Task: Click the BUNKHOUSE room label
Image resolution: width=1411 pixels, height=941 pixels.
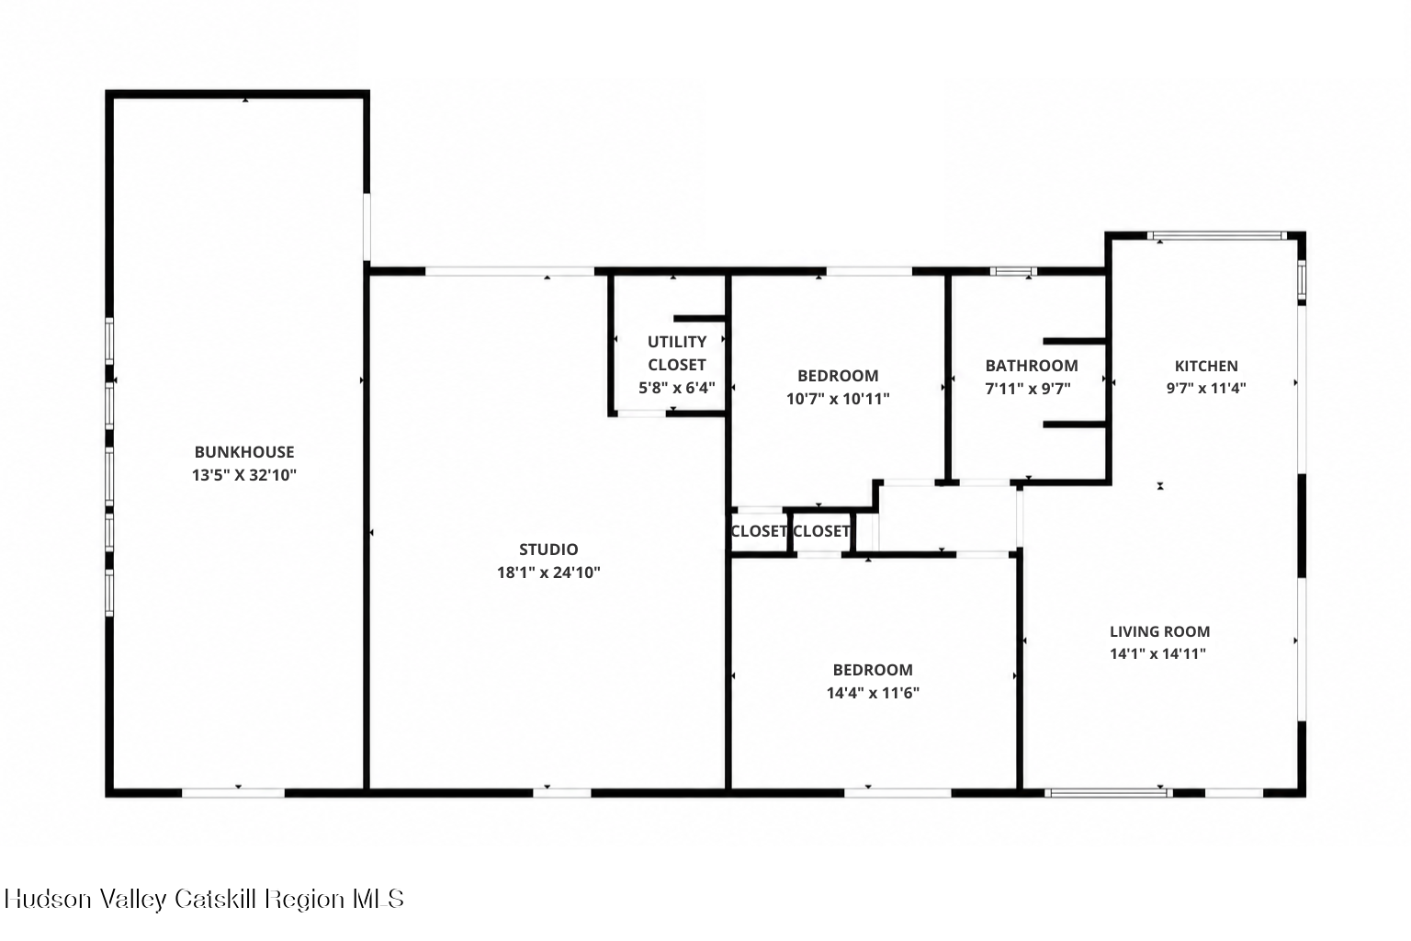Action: [x=243, y=452]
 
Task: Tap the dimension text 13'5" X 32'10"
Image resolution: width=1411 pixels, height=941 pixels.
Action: [x=243, y=474]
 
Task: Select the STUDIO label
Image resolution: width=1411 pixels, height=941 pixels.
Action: [x=548, y=550]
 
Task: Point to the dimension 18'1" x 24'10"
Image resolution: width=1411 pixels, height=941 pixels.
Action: [x=548, y=573]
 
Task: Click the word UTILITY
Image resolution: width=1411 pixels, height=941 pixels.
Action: [x=676, y=342]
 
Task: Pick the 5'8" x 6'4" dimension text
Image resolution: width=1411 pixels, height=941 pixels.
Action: [x=676, y=388]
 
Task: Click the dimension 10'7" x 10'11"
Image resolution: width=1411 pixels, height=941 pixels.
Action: [x=838, y=398]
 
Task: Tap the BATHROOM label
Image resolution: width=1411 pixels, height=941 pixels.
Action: [x=1032, y=366]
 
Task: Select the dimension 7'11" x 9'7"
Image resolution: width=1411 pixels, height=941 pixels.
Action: [x=1027, y=388]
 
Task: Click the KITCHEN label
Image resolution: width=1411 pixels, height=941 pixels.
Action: [x=1205, y=366]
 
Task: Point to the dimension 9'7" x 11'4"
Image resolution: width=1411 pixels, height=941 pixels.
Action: [x=1205, y=388]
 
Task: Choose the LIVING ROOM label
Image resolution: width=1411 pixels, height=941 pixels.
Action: [x=1159, y=631]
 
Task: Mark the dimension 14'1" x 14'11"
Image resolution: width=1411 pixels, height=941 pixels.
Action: [x=1157, y=653]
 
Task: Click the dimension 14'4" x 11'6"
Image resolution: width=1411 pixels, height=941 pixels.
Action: [x=873, y=693]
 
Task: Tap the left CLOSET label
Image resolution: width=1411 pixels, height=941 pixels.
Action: [x=759, y=531]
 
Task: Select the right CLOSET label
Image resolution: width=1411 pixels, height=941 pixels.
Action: [x=820, y=531]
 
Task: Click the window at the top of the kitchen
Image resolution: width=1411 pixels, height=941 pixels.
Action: [x=1216, y=236]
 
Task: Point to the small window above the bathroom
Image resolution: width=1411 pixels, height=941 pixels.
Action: [x=1012, y=272]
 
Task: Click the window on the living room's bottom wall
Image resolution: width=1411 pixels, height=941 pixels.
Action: [x=1109, y=793]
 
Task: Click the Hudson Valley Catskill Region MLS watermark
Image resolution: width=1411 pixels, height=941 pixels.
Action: [x=204, y=899]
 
